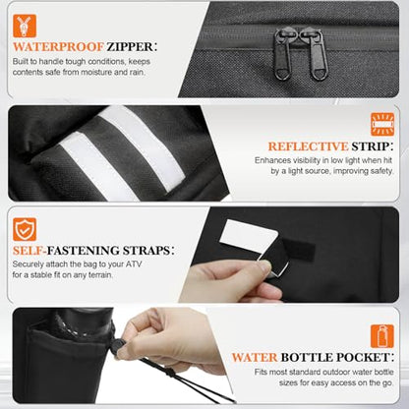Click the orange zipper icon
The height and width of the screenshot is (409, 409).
pos(25,26)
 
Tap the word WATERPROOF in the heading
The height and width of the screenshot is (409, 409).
pos(58,46)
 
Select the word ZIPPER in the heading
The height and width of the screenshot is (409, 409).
pos(130,46)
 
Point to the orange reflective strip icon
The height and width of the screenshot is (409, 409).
pos(382,124)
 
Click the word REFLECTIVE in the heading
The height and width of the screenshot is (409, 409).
pos(308,146)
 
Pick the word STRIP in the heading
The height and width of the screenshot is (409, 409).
pos(371,146)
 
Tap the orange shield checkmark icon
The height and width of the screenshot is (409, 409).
pos(25,229)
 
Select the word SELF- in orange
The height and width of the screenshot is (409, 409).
pos(29,251)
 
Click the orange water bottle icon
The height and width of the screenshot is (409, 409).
pos(382,336)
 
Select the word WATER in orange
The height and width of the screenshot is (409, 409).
pos(255,357)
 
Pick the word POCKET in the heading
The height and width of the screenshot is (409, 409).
pos(363,357)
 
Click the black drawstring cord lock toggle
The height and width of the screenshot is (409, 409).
pos(118,347)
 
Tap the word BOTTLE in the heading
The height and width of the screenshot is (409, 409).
pos(307,357)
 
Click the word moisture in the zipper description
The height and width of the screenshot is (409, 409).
pos(95,72)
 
